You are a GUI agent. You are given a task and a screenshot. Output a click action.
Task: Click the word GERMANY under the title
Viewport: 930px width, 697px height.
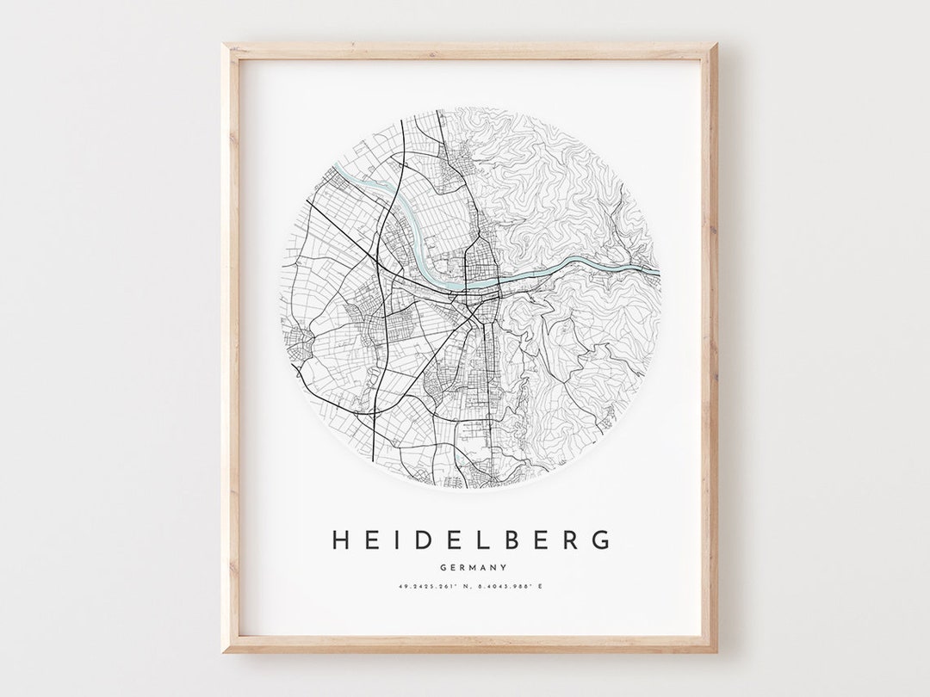472,567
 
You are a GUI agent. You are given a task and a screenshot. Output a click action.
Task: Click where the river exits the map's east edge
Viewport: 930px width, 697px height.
659,272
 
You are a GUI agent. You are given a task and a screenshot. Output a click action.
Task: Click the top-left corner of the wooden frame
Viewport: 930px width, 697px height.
226,45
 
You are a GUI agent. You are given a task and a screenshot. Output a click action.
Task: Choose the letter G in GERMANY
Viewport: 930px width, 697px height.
442,567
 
